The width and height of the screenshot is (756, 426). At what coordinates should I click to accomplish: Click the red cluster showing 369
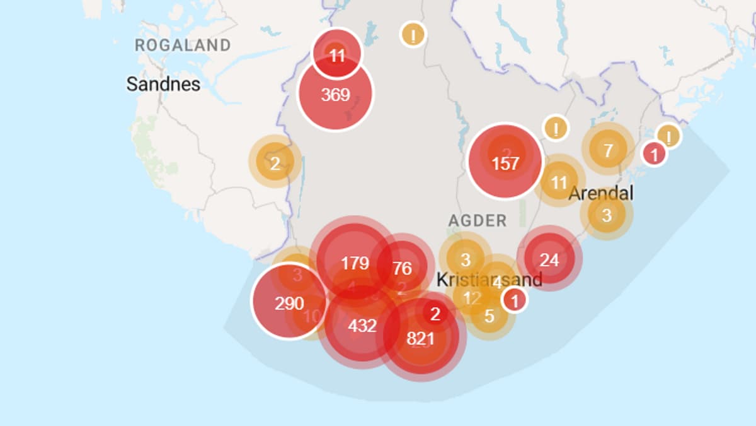point(335,95)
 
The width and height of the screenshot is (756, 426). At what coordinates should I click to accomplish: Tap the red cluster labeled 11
point(337,56)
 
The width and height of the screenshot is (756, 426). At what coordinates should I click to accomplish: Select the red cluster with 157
point(505,163)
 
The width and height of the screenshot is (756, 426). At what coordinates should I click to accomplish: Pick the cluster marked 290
point(289,303)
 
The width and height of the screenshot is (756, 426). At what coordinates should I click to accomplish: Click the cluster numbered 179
point(355,263)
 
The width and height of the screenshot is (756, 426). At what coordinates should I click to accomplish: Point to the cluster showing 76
point(402,268)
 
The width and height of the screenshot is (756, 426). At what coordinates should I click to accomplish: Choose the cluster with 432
point(362,326)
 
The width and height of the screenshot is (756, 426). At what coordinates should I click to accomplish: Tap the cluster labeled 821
point(420,338)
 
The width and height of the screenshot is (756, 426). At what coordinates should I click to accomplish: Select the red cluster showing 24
point(549,259)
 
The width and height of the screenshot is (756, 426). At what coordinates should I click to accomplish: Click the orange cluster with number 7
point(608,150)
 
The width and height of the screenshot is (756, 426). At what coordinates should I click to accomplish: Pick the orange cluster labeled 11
point(559,183)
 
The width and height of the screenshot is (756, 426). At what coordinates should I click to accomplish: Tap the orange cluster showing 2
point(275,163)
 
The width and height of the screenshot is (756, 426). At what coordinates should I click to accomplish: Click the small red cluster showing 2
point(435,313)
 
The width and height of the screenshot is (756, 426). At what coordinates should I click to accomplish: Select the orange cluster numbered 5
point(490,316)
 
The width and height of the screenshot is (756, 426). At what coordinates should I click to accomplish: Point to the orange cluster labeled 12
point(471,298)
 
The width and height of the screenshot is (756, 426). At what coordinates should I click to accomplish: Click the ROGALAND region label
point(183,45)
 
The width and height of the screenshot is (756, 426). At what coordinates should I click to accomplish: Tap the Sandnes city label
point(163,84)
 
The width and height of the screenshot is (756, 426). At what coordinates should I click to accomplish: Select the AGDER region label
point(477,220)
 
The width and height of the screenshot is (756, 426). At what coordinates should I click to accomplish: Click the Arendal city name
point(600,193)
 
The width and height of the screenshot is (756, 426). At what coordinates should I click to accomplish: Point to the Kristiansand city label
point(489,280)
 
